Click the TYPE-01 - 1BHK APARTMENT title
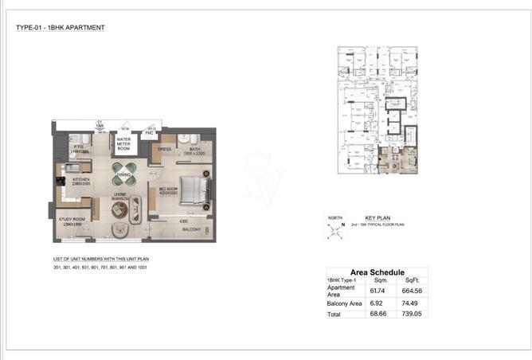click(60, 28)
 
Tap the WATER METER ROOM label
click(123, 143)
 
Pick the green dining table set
click(124, 175)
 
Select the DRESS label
click(165, 149)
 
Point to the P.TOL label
click(80, 148)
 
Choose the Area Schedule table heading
click(377, 272)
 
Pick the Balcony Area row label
click(344, 303)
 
